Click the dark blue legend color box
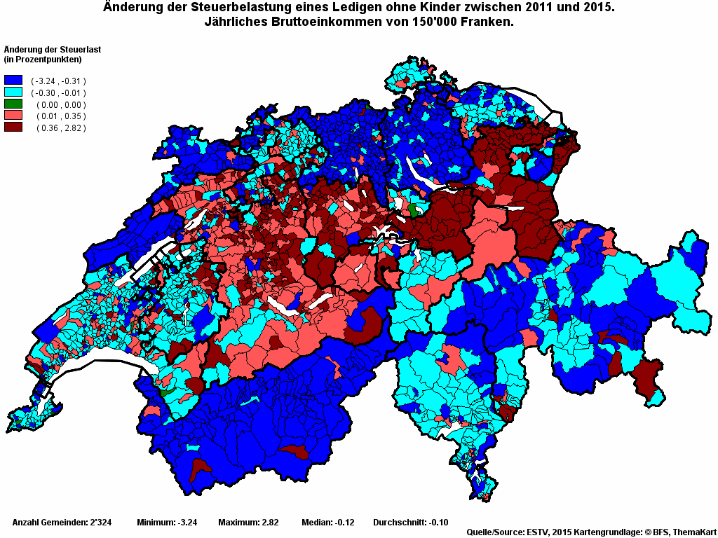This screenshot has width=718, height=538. [13, 81]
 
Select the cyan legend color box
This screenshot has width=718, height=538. [13, 92]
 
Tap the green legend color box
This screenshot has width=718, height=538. [13, 104]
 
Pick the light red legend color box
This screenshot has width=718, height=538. [13, 116]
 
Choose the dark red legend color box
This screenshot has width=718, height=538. [13, 127]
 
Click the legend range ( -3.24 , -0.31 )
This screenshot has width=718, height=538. [59, 81]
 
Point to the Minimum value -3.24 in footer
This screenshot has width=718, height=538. [187, 523]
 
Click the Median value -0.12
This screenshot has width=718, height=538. [344, 523]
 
